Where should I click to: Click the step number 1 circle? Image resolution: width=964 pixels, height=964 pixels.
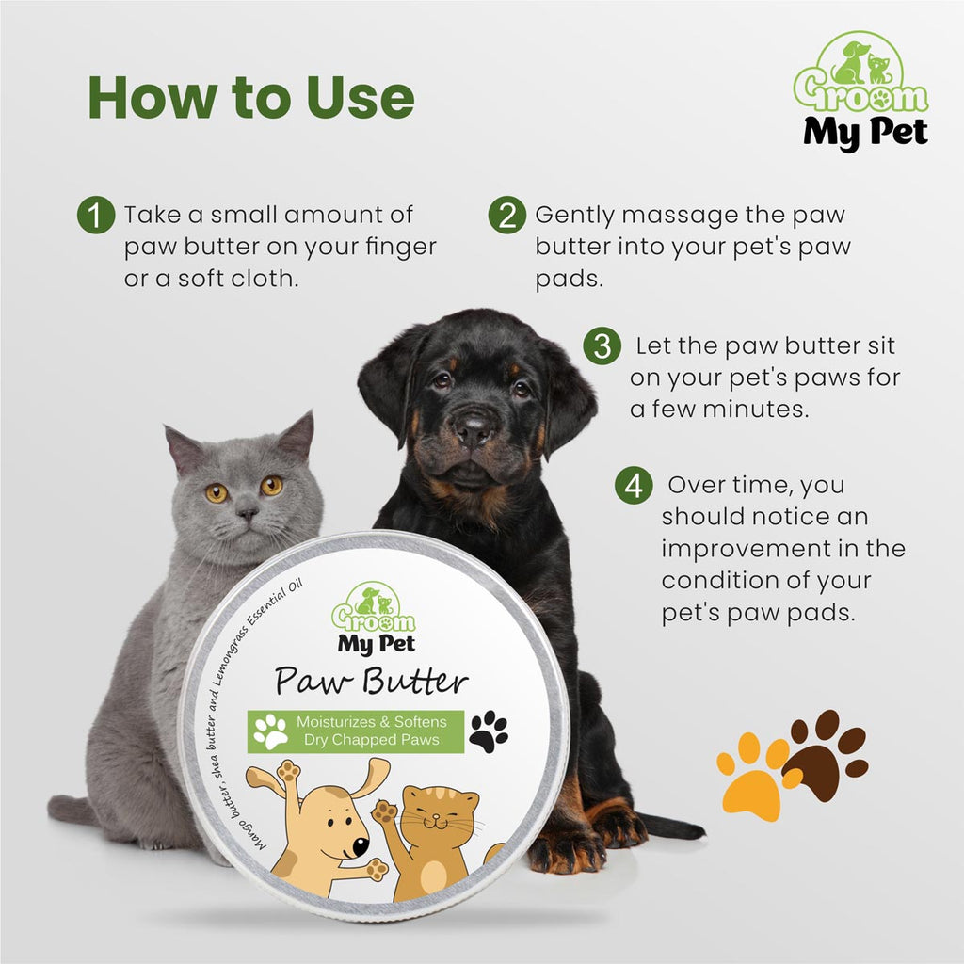[94, 216]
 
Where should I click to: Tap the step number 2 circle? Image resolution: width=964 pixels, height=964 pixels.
[506, 216]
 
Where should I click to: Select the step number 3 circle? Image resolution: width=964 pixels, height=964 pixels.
[602, 346]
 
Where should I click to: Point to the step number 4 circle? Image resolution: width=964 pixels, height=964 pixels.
[634, 487]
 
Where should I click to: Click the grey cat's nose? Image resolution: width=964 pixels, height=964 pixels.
[248, 513]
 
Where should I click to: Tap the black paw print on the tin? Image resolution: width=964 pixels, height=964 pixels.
[488, 731]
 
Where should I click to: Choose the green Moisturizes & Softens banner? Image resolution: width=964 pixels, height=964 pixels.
[357, 731]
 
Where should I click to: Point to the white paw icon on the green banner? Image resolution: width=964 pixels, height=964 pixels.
[270, 731]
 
